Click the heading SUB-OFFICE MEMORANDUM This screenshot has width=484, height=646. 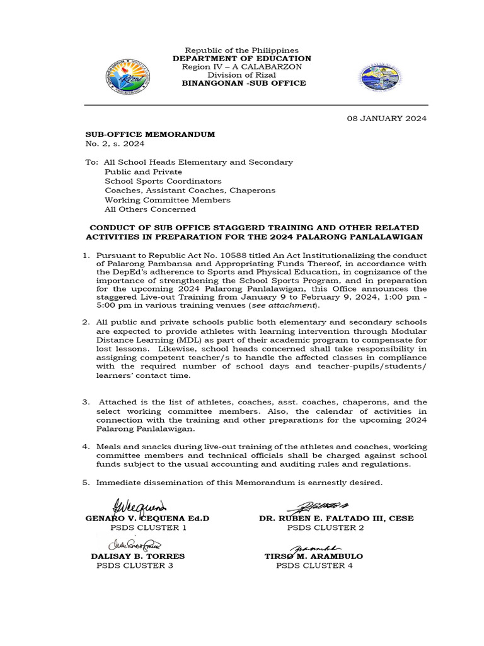click(x=150, y=134)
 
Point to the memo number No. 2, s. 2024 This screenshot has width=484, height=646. click(x=115, y=144)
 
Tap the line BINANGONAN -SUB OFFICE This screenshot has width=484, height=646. click(x=244, y=83)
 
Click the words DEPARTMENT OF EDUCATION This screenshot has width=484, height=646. click(x=242, y=59)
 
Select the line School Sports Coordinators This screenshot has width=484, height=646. click(x=163, y=180)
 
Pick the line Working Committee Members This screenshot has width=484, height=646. click(x=168, y=199)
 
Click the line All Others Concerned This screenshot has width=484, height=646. click(x=150, y=209)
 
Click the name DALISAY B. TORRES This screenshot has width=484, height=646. click(x=138, y=556)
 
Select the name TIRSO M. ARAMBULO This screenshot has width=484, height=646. click(x=314, y=556)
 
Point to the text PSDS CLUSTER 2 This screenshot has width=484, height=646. click(x=325, y=527)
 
